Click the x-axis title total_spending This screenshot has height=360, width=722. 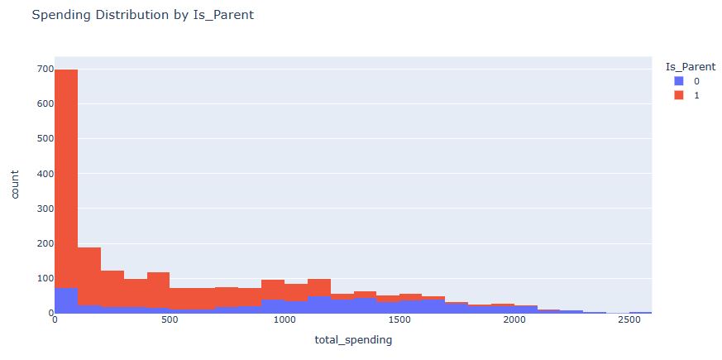(353, 339)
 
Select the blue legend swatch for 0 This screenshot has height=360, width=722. (680, 81)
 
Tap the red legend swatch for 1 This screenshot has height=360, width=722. (680, 95)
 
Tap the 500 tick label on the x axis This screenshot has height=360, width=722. (170, 319)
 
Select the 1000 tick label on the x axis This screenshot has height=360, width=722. (284, 319)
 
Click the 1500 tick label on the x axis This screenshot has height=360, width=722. (399, 319)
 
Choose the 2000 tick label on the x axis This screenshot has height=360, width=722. (514, 319)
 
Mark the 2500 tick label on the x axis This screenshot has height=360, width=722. (629, 319)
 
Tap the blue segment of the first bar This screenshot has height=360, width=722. (66, 300)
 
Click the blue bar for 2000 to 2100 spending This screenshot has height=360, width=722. (525, 310)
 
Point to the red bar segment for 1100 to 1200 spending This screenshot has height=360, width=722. (318, 287)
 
